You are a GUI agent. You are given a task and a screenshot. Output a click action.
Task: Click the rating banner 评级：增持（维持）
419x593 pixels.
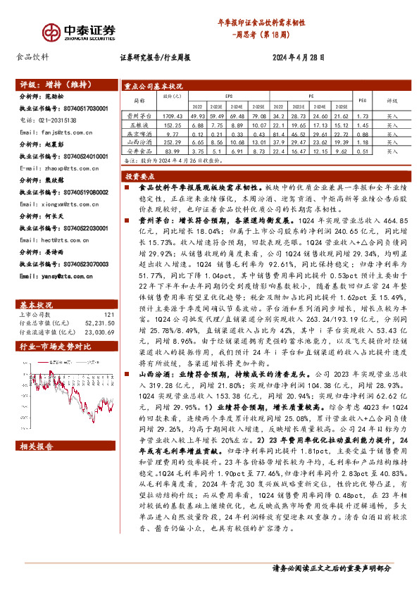point(54,85)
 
